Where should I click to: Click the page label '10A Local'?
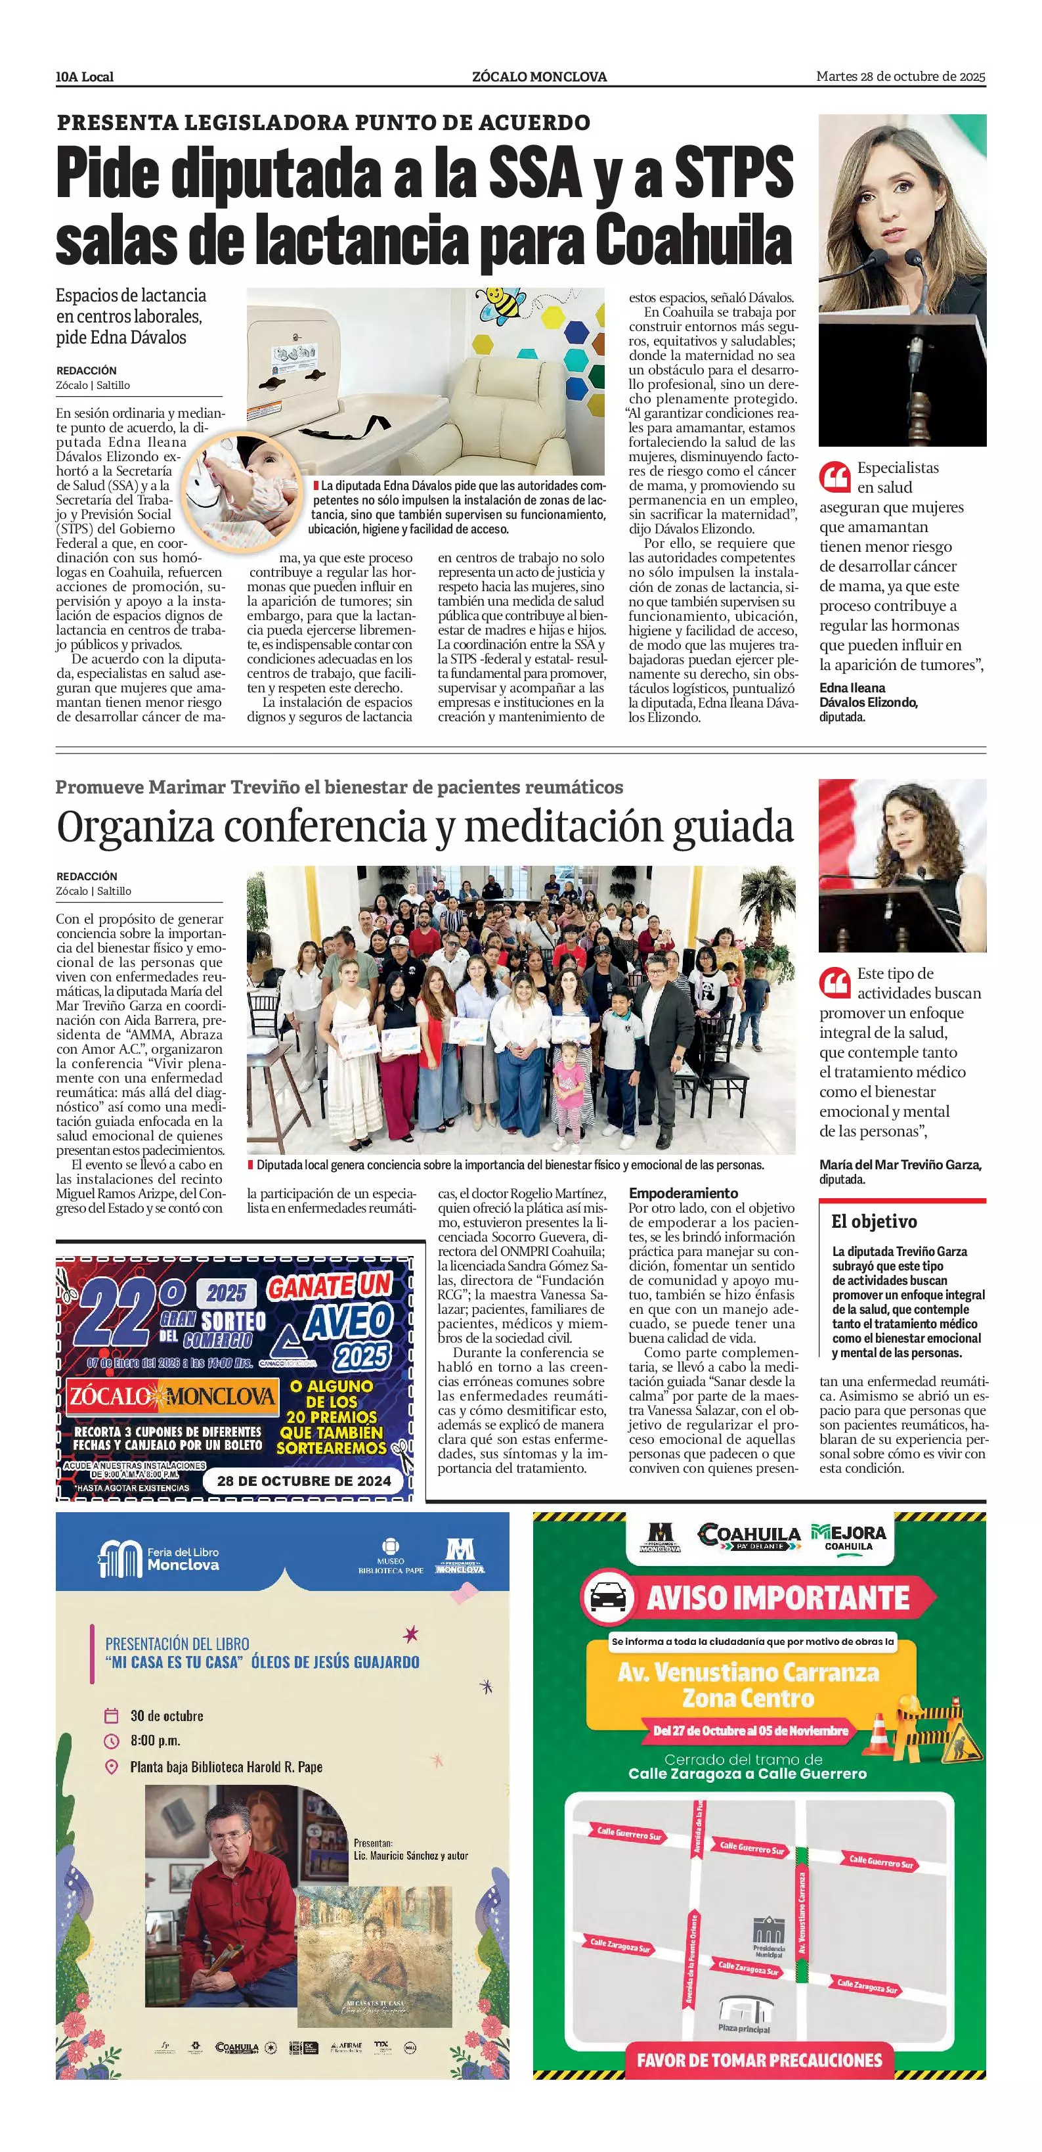pyautogui.click(x=84, y=77)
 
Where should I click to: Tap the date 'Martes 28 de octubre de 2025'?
pyautogui.click(x=900, y=77)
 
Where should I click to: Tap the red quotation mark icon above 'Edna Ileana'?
pyautogui.click(x=834, y=477)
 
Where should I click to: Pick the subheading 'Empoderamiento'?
pyautogui.click(x=683, y=1193)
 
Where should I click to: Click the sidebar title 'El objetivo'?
pyautogui.click(x=873, y=1221)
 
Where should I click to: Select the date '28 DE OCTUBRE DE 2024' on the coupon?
pyautogui.click(x=304, y=1481)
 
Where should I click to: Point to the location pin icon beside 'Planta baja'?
pyautogui.click(x=111, y=1767)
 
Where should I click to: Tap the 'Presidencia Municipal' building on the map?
pyautogui.click(x=768, y=1935)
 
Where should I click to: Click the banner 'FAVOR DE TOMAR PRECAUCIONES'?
pyautogui.click(x=759, y=2060)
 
